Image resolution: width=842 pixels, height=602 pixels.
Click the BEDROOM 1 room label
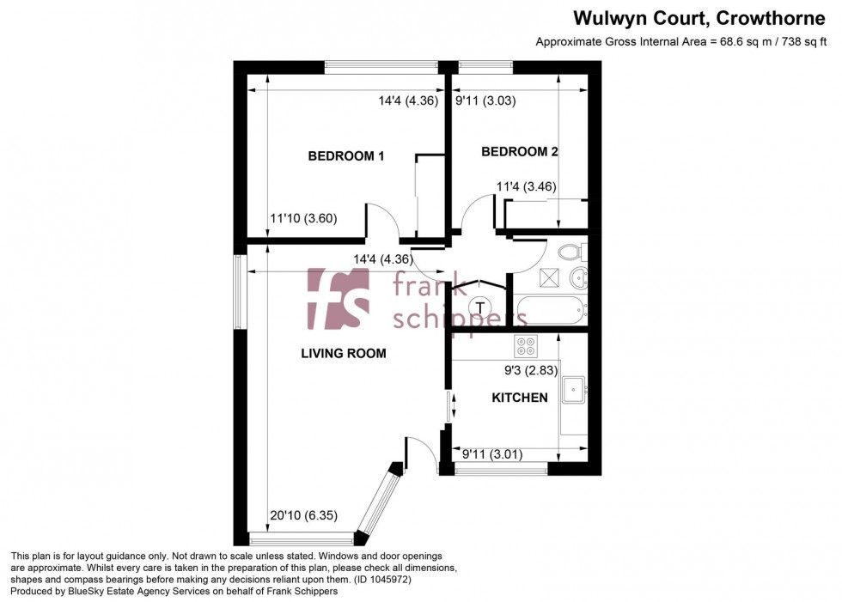coord(345,156)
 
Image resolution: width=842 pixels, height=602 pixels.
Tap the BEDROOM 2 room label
coord(519,152)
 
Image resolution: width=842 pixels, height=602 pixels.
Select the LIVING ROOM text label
coord(343,353)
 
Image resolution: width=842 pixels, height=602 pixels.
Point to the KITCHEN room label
coord(519,398)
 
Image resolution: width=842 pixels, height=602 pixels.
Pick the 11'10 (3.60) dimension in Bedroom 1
coord(303,218)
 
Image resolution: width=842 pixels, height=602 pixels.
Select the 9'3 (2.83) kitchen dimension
coord(531,371)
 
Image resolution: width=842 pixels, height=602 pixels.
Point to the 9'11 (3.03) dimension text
coord(485,100)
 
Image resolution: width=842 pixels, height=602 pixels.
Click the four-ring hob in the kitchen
coord(525,346)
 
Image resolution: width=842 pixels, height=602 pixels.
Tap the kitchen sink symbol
coord(574,391)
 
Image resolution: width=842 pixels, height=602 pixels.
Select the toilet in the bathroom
coord(570,252)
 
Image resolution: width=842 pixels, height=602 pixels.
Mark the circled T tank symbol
coord(479,307)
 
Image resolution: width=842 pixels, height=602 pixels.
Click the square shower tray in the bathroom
coord(548,277)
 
